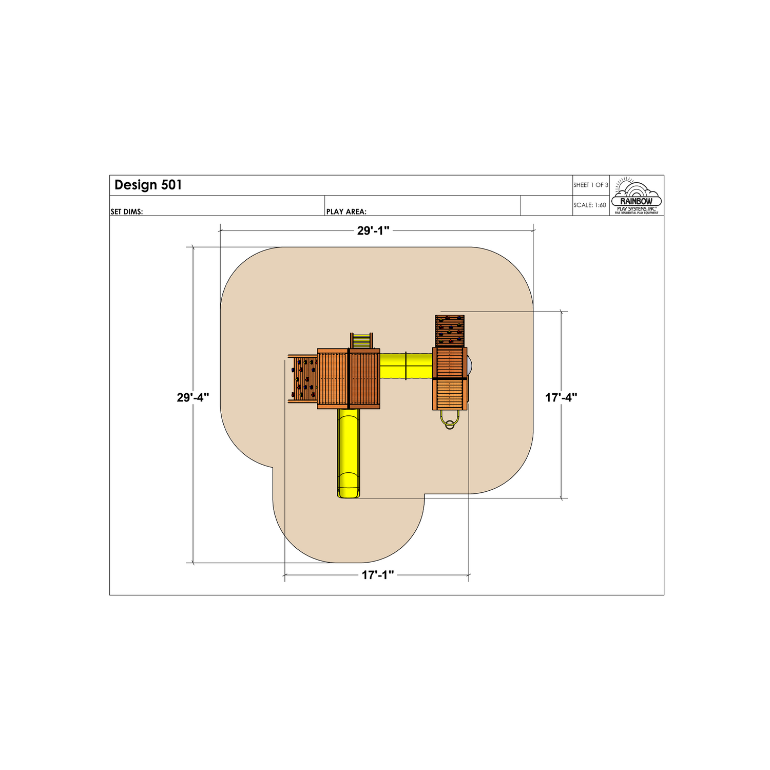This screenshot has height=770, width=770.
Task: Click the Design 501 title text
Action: pos(148,185)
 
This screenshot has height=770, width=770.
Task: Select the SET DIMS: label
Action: pos(127,211)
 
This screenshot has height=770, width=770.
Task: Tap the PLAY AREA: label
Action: pos(346,211)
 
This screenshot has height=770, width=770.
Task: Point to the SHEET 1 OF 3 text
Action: pos(591,185)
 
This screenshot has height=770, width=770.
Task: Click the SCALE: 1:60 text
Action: pos(590,205)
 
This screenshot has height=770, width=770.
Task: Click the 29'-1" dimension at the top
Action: pos(374,231)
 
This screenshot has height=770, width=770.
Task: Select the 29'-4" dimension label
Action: pos(193,397)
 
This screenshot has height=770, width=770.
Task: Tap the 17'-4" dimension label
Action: pos(561,397)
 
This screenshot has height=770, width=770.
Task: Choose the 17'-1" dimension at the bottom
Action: pos(378,575)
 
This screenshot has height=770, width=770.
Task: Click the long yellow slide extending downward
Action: pos(349,452)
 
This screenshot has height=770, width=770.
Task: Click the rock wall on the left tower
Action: pos(303,379)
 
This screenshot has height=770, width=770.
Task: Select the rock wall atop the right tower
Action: pos(450,330)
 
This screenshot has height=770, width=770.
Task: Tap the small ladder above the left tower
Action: pos(361,340)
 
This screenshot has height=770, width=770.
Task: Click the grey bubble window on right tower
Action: pos(469,365)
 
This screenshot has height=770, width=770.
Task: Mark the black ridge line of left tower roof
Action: pos(349,378)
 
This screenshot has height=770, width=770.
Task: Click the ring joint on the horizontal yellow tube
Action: pos(406,365)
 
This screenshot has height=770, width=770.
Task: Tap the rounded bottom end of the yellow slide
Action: pos(349,493)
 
